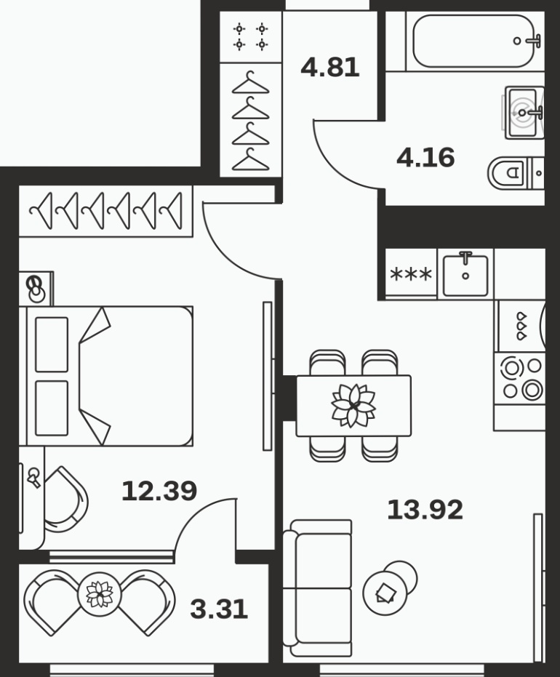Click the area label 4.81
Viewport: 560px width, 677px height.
click(330, 68)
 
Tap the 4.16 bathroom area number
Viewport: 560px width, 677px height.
click(425, 158)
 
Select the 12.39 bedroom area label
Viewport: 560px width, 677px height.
click(159, 491)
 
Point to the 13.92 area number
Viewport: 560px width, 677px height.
click(425, 510)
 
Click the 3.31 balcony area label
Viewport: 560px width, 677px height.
click(219, 609)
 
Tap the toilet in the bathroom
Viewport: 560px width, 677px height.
click(516, 173)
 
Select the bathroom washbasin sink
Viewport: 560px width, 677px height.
click(524, 113)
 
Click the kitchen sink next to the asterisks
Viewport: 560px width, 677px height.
click(465, 274)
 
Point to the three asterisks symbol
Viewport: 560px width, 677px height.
click(411, 274)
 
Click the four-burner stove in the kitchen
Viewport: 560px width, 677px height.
click(520, 379)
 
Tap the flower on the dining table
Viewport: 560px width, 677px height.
click(353, 406)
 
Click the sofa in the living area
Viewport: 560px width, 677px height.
click(317, 588)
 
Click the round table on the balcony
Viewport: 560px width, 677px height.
click(100, 595)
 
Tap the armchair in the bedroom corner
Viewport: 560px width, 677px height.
click(65, 501)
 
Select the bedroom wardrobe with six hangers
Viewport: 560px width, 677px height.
click(105, 211)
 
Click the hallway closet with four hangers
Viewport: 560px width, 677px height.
click(251, 120)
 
